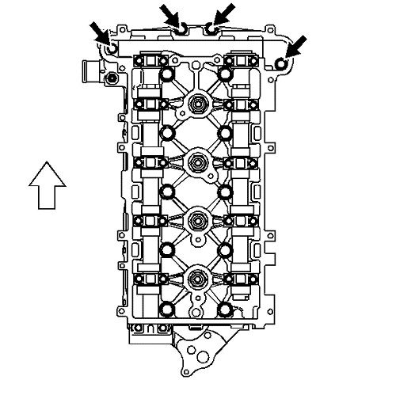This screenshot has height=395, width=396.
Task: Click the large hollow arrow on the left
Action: tap(45, 183)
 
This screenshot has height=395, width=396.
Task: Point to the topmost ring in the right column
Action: tap(225, 75)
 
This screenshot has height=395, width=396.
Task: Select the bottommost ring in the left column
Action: tap(166, 310)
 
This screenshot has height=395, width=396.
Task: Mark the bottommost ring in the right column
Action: tap(225, 310)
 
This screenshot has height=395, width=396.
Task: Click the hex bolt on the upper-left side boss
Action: tap(113, 79)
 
